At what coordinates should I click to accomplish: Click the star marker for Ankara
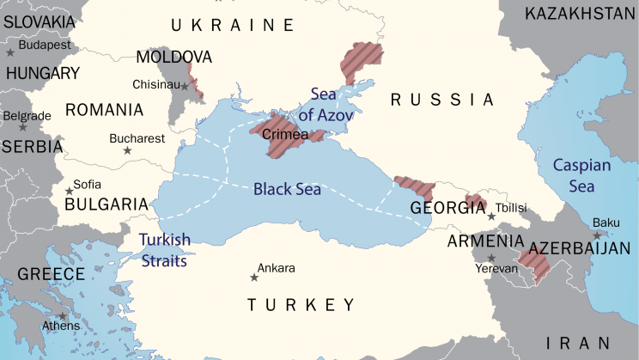253,277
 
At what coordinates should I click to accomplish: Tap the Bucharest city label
137,137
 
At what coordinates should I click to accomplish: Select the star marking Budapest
10,52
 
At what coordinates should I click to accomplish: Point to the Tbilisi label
510,207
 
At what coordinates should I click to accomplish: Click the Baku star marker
596,235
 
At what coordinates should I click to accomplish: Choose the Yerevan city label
497,268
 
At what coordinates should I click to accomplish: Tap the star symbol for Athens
63,315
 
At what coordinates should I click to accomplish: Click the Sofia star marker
69,191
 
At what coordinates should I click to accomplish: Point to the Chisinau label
155,84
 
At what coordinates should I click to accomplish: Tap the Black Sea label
287,189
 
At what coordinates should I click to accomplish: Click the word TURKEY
301,305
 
